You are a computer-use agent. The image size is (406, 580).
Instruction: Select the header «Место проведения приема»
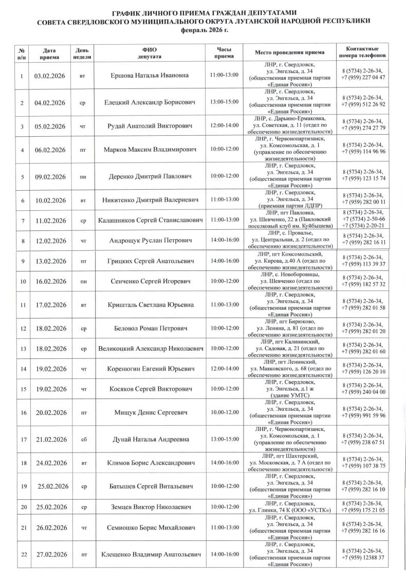point(290,52)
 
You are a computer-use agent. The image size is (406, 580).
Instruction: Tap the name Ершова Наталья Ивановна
point(150,76)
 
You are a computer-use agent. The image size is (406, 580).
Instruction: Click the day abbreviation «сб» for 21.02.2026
point(83,439)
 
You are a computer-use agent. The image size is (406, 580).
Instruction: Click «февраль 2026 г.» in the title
point(202,30)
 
